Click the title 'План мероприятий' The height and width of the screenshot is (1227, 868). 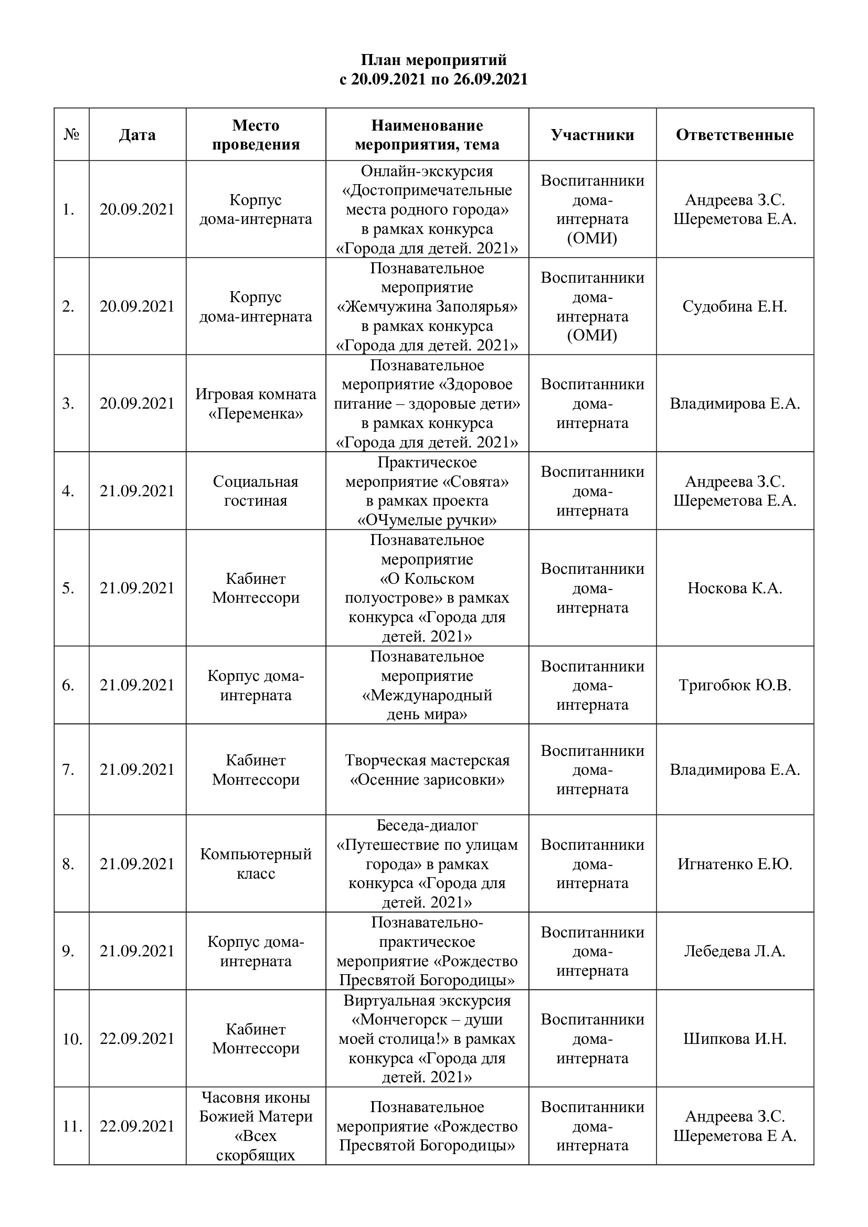point(433,60)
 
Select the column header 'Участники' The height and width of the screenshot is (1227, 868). point(592,135)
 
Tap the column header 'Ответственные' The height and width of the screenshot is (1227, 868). point(734,135)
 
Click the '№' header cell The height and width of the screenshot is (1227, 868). point(71,135)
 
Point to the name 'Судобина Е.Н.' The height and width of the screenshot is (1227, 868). point(734,306)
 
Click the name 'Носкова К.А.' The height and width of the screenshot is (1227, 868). point(734,588)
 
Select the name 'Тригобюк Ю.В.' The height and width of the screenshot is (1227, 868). point(734,685)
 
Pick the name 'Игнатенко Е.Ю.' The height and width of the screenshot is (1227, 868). point(734,864)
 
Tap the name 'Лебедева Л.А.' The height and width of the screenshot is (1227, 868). point(734,951)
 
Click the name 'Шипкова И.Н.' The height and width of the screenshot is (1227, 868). point(734,1038)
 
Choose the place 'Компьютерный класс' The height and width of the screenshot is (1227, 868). point(256,863)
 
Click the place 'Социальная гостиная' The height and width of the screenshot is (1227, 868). point(256,491)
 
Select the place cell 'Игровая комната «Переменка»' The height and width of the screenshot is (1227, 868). point(256,403)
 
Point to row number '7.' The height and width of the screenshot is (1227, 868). point(68,770)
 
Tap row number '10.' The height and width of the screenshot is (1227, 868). point(71,1039)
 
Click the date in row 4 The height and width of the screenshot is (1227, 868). point(137,491)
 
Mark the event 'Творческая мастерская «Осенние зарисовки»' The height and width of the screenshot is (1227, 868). point(427,770)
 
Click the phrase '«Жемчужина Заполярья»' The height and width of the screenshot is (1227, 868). point(427,307)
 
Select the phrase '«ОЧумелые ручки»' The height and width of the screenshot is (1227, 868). point(427,520)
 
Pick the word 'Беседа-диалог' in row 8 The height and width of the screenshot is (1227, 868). point(427,825)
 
